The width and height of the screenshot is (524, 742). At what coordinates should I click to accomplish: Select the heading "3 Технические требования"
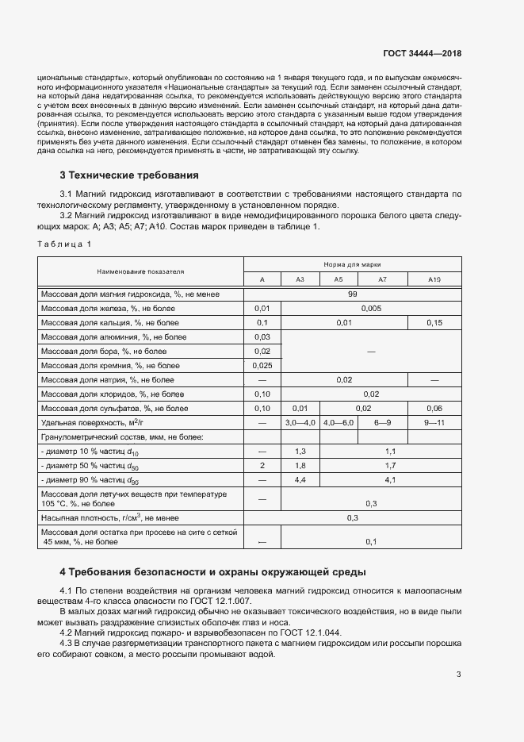pos(128,175)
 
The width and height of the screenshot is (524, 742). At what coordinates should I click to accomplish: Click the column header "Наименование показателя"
pos(140,271)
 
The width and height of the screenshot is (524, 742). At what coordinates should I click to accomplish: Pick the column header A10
pos(434,279)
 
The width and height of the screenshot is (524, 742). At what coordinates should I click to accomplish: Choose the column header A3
pos(300,279)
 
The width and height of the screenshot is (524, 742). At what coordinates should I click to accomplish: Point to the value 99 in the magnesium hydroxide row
pos(352,294)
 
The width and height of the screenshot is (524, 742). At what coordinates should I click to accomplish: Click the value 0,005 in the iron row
pos(371,309)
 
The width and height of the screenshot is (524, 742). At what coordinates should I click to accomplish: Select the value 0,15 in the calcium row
pos(434,323)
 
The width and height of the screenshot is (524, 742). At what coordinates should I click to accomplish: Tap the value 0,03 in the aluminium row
pos(262,337)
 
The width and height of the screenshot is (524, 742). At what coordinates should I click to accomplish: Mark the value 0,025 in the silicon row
pos(262,366)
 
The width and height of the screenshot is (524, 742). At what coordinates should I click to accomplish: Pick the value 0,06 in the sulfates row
pos(434,409)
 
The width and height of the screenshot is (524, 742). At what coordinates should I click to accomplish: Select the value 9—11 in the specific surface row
pos(434,423)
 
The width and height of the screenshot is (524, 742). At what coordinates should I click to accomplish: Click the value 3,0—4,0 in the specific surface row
pos(300,423)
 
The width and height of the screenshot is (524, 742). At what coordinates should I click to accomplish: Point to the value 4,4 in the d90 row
pos(300,480)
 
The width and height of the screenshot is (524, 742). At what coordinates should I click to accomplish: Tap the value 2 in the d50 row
pos(262,466)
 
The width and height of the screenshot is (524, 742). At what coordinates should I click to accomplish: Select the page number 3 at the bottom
pos(458,675)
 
